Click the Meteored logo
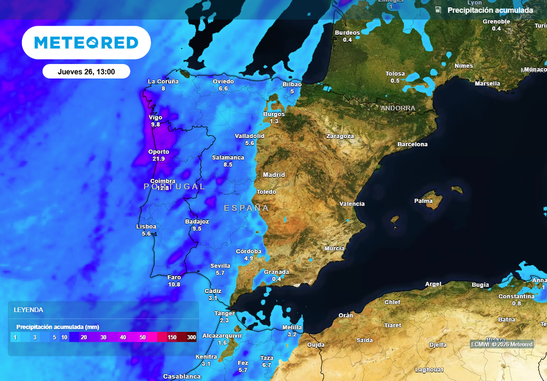(x=86, y=43)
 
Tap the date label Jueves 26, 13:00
(x=86, y=72)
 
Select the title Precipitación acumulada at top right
(x=490, y=10)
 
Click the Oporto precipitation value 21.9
(x=159, y=159)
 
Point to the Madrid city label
(x=274, y=175)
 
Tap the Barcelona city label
(x=412, y=145)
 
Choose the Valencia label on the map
(x=352, y=204)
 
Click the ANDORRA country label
(x=397, y=108)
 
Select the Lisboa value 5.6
(x=146, y=234)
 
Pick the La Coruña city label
(x=163, y=82)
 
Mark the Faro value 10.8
(x=174, y=284)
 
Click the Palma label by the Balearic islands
(x=423, y=201)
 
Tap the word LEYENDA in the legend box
(x=28, y=309)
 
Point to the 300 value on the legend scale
(x=191, y=337)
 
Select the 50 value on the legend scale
(x=143, y=337)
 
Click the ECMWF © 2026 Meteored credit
(x=502, y=344)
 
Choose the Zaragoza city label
(x=340, y=136)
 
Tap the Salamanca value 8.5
(x=228, y=165)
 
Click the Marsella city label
(x=487, y=84)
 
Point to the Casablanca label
(x=182, y=376)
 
